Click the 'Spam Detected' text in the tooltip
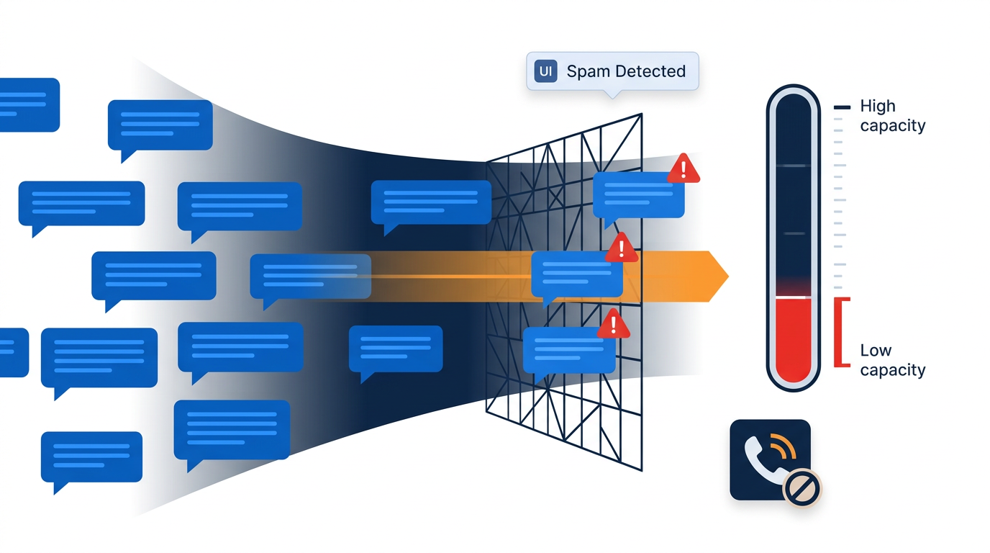click(626, 71)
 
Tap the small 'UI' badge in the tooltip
click(546, 71)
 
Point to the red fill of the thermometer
click(793, 338)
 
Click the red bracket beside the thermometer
click(838, 332)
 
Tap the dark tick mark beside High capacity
click(842, 107)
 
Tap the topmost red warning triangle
click(684, 168)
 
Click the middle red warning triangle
click(621, 248)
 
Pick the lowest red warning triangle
click(614, 324)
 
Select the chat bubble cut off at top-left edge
click(27, 104)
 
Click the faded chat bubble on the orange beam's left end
click(310, 276)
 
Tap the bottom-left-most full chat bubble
click(91, 458)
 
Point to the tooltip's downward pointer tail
click(612, 94)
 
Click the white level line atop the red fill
click(793, 297)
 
